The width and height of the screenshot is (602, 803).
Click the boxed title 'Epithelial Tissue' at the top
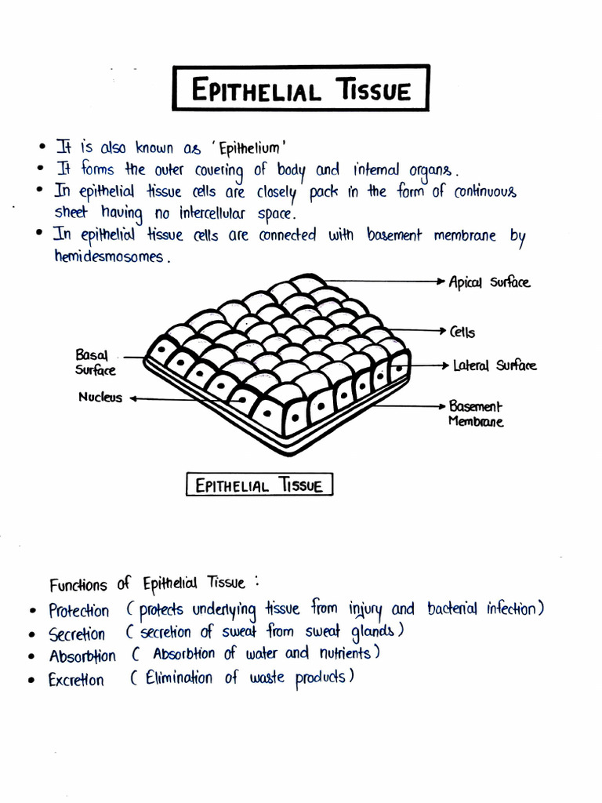(301, 89)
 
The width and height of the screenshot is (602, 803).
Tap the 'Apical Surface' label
(488, 282)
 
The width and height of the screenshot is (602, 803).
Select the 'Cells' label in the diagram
(462, 332)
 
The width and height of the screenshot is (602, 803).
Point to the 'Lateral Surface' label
(495, 365)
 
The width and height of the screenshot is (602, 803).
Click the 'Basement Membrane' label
(475, 414)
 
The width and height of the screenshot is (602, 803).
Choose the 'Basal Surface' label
(95, 362)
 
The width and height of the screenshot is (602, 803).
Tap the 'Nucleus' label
(100, 398)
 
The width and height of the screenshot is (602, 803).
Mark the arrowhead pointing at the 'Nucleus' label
(133, 398)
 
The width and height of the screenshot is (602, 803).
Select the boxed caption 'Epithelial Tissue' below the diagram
(259, 485)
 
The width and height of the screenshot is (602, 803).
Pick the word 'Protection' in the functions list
(78, 611)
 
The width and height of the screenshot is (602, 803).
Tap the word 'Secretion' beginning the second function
(76, 634)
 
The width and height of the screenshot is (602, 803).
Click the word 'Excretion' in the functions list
(75, 680)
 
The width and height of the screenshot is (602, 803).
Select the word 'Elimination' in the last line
(179, 678)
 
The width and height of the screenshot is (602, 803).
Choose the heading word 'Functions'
(78, 585)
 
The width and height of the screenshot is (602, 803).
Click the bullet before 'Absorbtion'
(32, 656)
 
